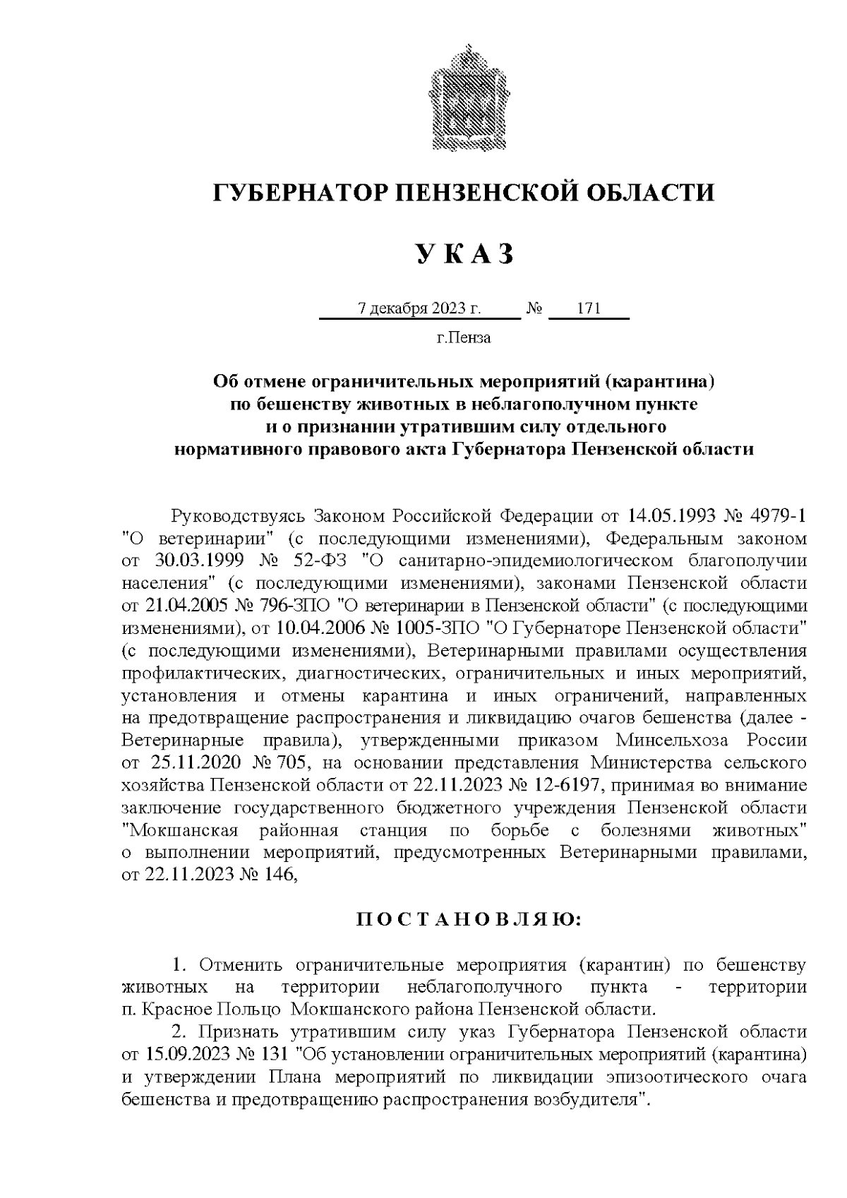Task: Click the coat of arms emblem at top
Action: coord(464,97)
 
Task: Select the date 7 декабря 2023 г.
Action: coord(419,309)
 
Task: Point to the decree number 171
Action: coord(588,309)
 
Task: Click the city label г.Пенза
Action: coord(464,337)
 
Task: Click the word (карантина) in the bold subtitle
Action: coord(663,382)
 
